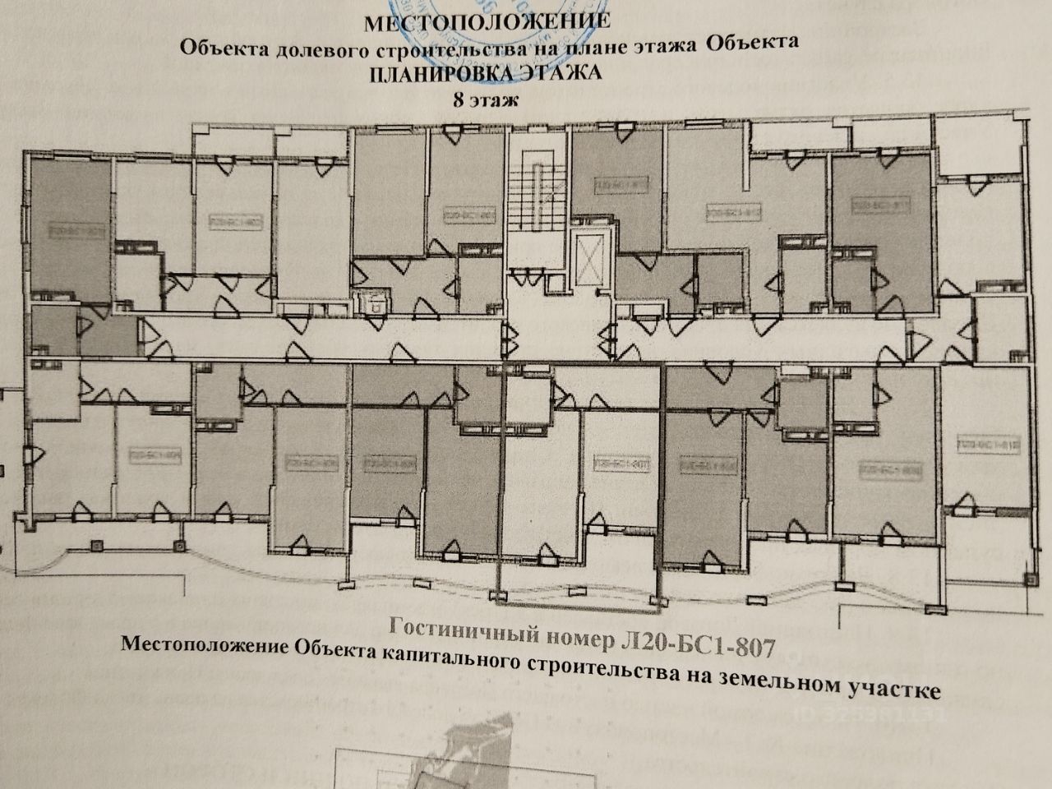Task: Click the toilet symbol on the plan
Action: click(375, 302)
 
